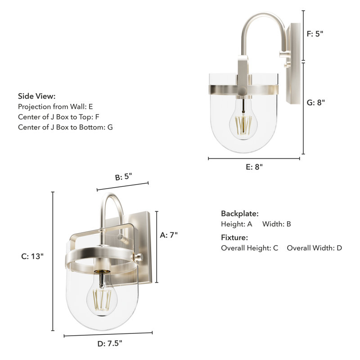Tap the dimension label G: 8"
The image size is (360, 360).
click(x=316, y=102)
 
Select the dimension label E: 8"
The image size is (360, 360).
click(x=254, y=166)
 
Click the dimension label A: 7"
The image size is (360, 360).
click(x=169, y=234)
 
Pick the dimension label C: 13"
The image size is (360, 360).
click(x=32, y=256)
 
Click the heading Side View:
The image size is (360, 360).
click(x=36, y=96)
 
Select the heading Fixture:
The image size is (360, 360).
click(x=234, y=238)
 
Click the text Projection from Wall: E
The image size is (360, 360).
click(x=55, y=107)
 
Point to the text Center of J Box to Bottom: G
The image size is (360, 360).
click(x=65, y=127)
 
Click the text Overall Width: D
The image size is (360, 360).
click(x=314, y=248)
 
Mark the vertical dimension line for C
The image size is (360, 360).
click(x=53, y=261)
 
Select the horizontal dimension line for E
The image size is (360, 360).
click(x=254, y=158)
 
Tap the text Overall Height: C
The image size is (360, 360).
click(x=249, y=248)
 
